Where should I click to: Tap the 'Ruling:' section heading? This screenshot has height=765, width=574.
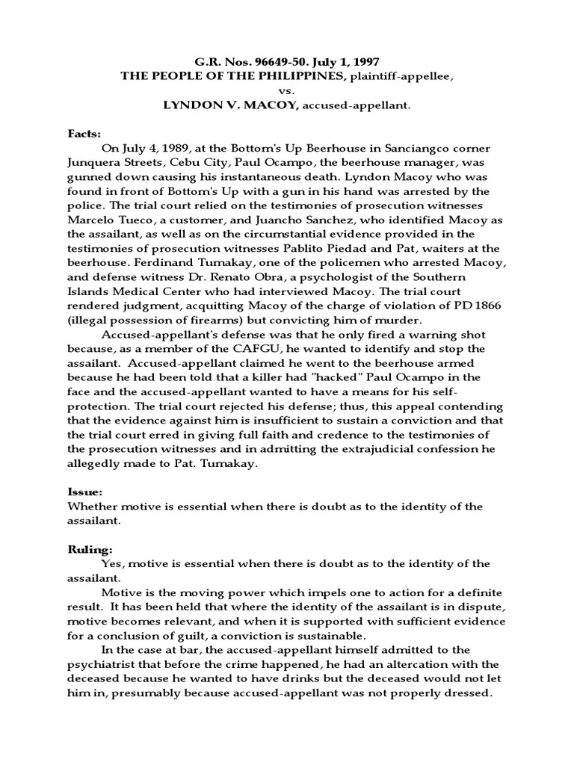(x=84, y=551)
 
